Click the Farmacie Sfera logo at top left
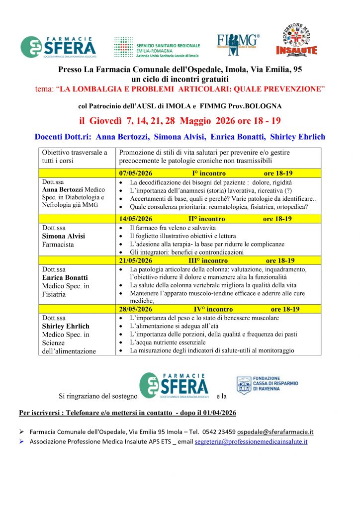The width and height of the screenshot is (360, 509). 58,47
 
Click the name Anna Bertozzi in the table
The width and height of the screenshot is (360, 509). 63,190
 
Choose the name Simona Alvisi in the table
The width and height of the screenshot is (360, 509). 64,236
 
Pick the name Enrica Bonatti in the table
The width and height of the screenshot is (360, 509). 65,277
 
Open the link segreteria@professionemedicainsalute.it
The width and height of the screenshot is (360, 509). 251,441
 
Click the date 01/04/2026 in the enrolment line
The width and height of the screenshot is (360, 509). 217,413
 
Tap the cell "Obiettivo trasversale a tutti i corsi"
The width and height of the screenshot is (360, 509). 75,157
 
